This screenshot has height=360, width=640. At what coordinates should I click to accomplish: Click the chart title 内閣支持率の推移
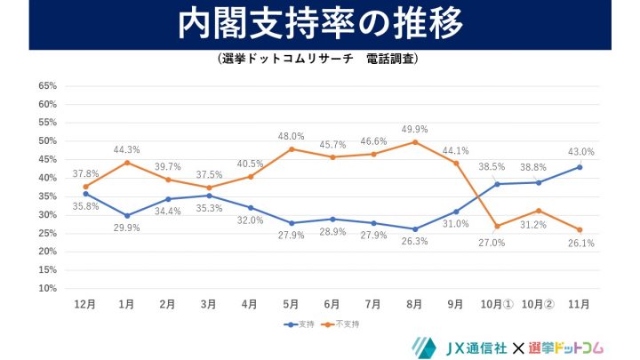click(320, 25)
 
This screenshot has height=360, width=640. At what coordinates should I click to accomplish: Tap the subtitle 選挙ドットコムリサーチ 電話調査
click(317, 60)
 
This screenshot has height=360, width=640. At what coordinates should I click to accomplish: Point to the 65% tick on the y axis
click(48, 86)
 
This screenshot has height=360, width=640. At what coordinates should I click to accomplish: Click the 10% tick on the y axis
click(48, 289)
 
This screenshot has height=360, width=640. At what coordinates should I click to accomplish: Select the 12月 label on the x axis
click(85, 304)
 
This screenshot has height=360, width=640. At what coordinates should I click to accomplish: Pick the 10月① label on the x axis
click(496, 304)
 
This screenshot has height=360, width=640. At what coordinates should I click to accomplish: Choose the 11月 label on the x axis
click(579, 304)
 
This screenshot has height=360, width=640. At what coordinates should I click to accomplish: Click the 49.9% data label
click(414, 127)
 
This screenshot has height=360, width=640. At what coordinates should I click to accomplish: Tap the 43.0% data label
click(580, 152)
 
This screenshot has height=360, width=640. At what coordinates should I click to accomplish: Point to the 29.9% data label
click(127, 228)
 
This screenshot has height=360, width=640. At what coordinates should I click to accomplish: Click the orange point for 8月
click(414, 141)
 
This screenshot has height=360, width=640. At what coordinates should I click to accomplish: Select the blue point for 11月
click(579, 167)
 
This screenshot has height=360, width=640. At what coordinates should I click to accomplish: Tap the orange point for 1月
click(127, 162)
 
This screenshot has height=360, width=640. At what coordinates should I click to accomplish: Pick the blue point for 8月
click(414, 228)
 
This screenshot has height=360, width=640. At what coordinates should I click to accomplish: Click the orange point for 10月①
click(496, 226)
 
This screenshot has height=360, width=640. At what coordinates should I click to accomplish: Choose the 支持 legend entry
click(301, 324)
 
